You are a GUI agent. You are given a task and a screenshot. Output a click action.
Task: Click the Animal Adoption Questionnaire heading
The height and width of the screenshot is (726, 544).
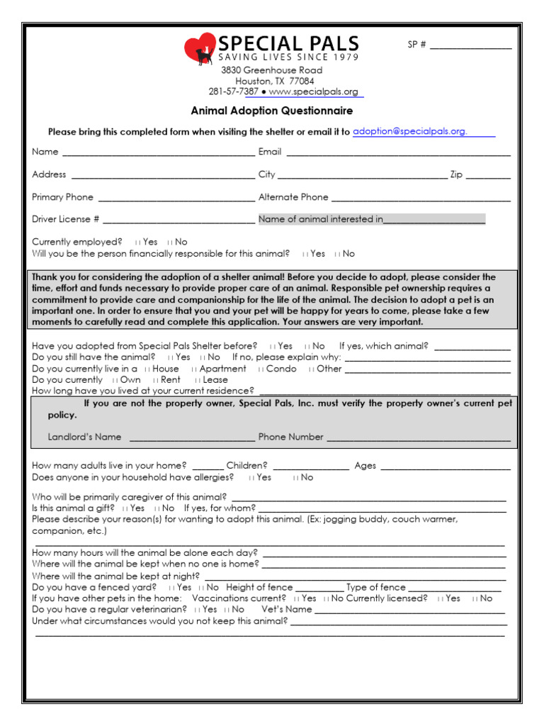271,111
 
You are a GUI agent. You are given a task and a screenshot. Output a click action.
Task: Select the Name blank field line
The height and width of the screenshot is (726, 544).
158,152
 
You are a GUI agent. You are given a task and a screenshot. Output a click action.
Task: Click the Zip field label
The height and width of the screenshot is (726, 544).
456,174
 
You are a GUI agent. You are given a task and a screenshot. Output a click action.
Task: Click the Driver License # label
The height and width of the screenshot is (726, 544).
65,220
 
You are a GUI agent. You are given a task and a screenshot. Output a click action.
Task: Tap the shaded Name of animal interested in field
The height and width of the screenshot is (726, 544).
371,220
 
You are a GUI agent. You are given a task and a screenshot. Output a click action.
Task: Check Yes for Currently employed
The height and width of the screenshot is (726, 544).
137,242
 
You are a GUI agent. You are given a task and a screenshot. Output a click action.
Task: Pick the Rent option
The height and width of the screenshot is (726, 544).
155,380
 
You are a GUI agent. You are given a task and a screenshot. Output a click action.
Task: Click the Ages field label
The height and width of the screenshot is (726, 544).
365,467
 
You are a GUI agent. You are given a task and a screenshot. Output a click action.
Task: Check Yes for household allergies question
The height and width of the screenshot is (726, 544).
251,478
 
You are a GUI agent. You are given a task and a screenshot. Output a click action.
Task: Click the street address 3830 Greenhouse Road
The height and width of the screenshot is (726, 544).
271,71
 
